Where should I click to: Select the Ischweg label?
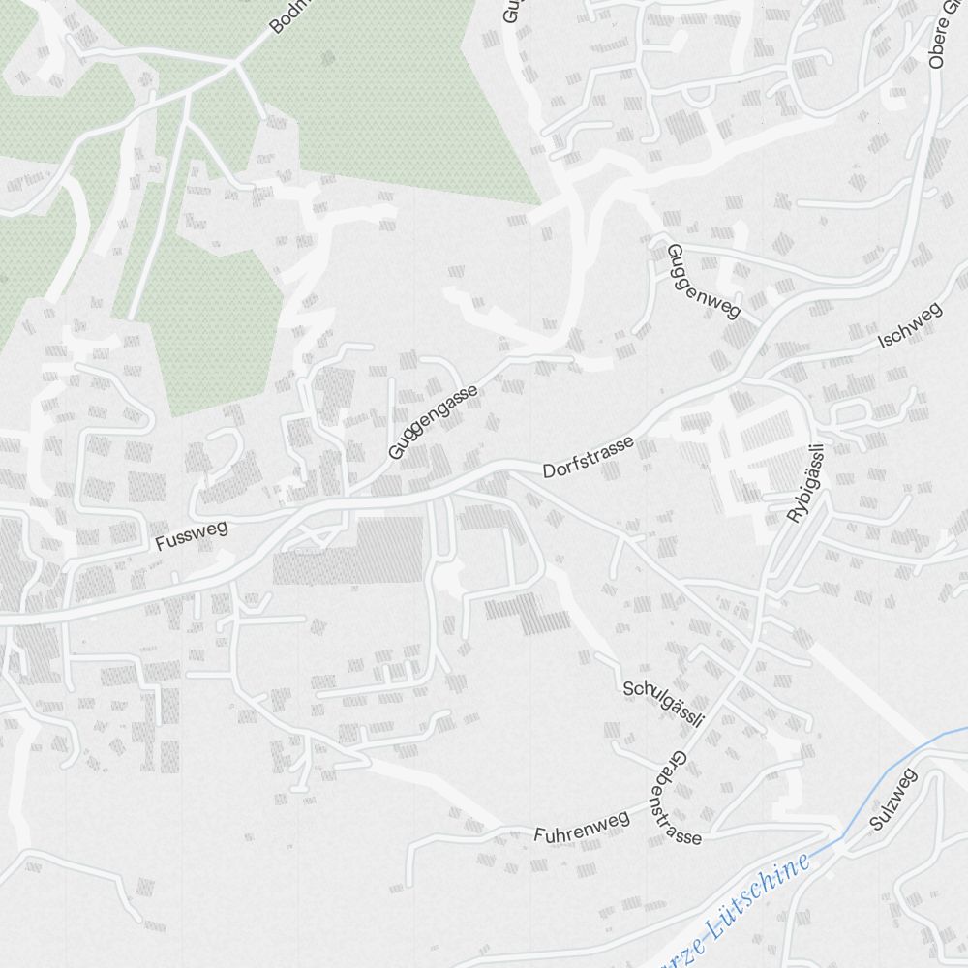[x=909, y=326]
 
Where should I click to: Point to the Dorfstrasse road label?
[x=589, y=457]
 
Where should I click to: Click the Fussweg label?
[x=191, y=535]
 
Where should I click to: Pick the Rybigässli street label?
[x=804, y=483]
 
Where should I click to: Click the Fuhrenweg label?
[x=581, y=827]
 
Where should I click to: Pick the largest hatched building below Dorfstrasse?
[x=348, y=550]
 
